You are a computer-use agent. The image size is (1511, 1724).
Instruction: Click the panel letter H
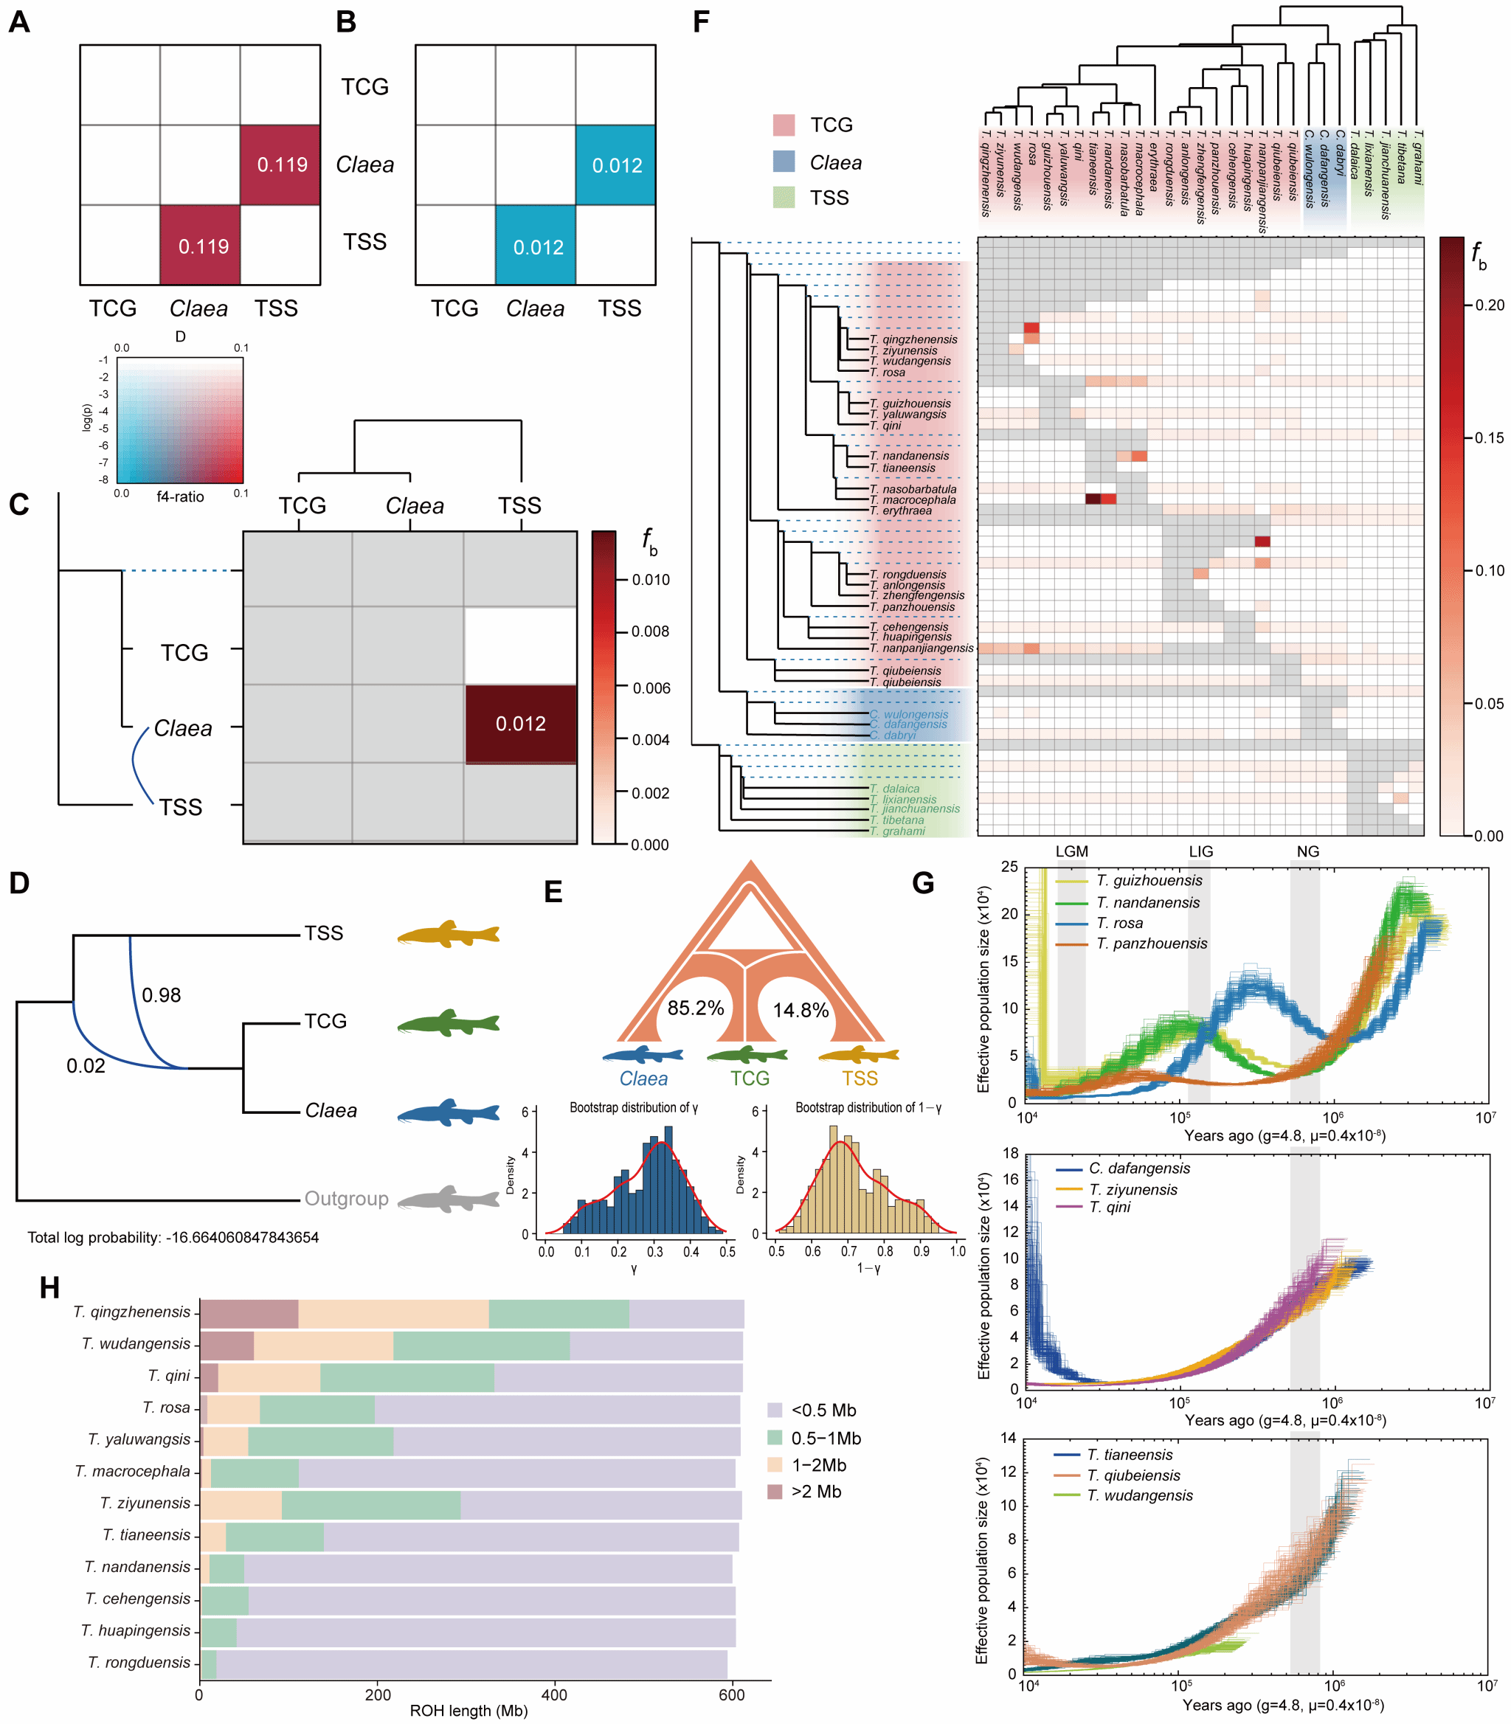(49, 1288)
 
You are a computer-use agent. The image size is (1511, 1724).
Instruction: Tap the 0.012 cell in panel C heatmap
(520, 724)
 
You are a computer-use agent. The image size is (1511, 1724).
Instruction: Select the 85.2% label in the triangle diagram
(696, 1008)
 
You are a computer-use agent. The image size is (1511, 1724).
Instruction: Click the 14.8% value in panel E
(801, 1010)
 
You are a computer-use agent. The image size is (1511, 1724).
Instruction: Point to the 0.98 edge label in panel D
(161, 996)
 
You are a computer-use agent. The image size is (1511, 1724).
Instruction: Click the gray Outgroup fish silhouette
(448, 1199)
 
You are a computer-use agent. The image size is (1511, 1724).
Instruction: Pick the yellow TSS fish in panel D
(448, 934)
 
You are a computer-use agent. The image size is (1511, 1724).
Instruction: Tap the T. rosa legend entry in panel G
(1119, 923)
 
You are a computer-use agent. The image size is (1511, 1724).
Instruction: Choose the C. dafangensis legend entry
(1138, 1169)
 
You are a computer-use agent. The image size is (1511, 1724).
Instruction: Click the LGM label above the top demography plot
(1072, 851)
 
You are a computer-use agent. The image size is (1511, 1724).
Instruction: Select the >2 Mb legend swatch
(775, 1492)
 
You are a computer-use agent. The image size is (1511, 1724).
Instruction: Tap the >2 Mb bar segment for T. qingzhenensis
(249, 1315)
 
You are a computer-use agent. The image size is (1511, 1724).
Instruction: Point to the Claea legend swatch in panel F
(784, 162)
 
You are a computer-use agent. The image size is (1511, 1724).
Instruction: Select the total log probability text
(173, 1238)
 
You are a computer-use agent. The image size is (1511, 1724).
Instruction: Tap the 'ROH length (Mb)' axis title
(468, 1711)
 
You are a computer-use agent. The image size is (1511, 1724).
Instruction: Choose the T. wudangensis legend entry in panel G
(1139, 1495)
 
